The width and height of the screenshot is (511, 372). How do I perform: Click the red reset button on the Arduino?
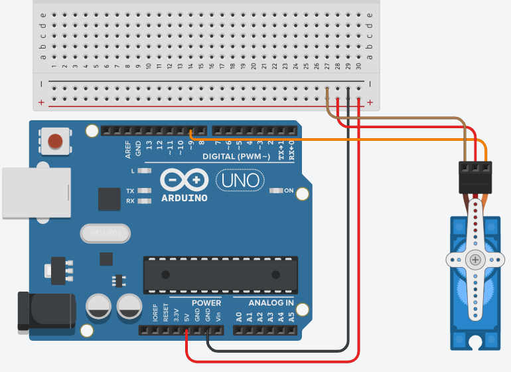[56, 140]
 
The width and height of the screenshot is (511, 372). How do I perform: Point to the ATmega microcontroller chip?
[217, 274]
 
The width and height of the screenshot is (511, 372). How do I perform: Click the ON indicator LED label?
[289, 191]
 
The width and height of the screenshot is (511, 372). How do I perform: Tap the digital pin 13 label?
[149, 144]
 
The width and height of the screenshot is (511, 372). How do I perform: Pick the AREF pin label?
[128, 149]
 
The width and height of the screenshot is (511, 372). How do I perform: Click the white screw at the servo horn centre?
[475, 259]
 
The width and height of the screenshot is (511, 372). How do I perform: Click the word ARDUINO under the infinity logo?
[184, 198]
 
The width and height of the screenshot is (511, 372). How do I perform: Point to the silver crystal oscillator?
[105, 233]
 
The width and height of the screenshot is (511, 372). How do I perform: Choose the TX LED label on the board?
[130, 191]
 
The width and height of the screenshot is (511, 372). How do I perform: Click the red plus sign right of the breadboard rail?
[370, 104]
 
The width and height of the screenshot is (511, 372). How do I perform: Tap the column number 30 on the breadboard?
[359, 66]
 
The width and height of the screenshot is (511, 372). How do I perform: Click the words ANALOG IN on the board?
[271, 303]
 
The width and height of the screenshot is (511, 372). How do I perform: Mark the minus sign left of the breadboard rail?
[41, 84]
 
